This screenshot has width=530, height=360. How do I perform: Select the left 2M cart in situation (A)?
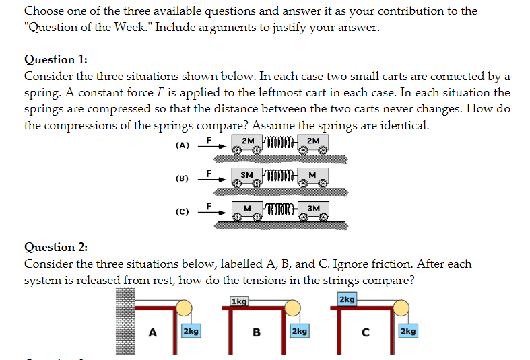247,143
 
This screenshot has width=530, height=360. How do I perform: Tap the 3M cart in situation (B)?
246,176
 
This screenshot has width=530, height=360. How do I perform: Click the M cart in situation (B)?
312,176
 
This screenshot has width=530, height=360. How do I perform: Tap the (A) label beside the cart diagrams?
182,145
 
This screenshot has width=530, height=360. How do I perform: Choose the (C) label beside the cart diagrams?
182,212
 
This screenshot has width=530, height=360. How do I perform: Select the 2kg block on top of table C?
347,299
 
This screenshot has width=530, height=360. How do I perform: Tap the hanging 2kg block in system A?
191,331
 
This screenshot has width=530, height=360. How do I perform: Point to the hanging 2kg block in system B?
299,331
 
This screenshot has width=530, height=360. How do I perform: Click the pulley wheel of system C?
400,309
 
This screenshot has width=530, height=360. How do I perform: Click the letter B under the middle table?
256,331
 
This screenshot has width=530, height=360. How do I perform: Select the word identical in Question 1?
406,125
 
